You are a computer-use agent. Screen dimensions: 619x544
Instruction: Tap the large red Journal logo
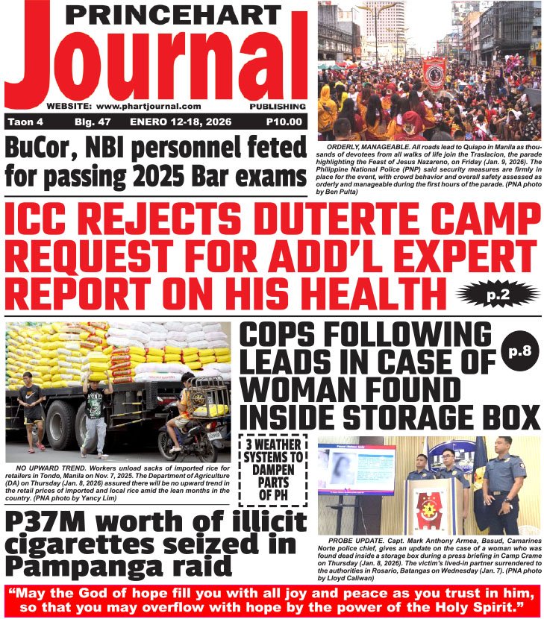pyautogui.click(x=157, y=63)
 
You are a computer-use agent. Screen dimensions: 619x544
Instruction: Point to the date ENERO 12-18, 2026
pyautogui.click(x=178, y=122)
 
